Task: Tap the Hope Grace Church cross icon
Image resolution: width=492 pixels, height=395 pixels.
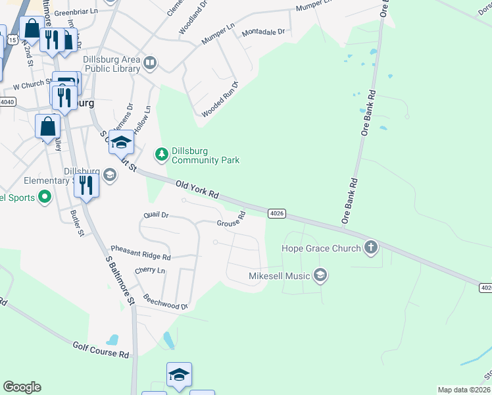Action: (x=371, y=248)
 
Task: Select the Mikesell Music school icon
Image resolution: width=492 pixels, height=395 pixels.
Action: (x=320, y=275)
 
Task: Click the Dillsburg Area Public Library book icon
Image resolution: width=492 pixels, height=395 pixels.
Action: (x=151, y=63)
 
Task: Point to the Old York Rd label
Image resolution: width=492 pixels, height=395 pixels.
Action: (x=197, y=190)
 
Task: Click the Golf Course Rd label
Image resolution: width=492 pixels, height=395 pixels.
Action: (x=101, y=349)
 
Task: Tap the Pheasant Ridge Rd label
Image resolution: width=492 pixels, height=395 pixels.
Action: (x=141, y=253)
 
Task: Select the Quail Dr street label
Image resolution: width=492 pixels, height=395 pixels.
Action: (x=156, y=215)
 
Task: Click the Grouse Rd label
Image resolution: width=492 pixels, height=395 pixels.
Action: (x=232, y=220)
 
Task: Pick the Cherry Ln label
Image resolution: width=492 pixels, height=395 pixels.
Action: (x=150, y=271)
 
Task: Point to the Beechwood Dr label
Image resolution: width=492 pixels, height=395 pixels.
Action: (x=165, y=302)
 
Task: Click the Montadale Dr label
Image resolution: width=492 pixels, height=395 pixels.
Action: (x=263, y=32)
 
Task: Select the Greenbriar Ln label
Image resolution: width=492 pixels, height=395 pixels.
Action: (x=75, y=13)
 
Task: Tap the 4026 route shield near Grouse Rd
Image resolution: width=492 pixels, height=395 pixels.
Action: (x=277, y=213)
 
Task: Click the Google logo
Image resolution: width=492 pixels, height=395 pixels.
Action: (x=22, y=387)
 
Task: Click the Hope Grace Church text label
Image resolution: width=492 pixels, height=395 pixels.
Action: (x=321, y=248)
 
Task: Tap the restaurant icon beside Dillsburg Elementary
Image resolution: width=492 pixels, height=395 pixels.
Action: (x=87, y=185)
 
